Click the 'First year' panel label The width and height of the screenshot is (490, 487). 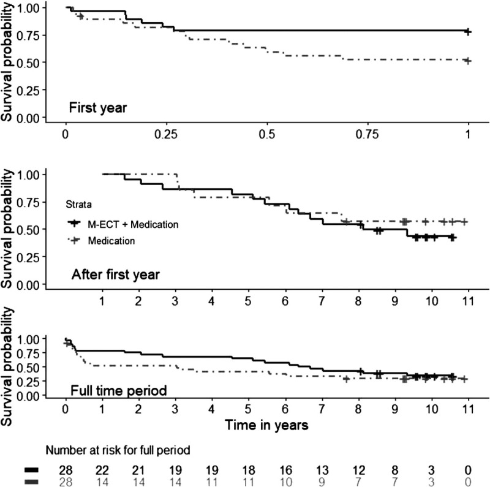click(98, 108)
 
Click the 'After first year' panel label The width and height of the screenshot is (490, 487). click(116, 275)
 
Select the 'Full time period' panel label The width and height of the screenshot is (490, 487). click(119, 391)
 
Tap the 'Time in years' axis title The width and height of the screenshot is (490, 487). click(266, 425)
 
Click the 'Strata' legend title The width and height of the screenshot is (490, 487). click(79, 205)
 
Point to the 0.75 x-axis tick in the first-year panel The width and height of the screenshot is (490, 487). click(367, 134)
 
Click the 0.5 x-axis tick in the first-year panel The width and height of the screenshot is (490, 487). click(267, 134)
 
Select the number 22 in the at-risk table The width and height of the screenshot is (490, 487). click(102, 470)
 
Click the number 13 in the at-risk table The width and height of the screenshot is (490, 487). click(322, 470)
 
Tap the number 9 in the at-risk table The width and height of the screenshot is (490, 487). click(322, 482)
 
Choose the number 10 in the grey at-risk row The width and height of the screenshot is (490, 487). click(285, 482)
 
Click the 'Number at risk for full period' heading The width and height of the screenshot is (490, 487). click(118, 450)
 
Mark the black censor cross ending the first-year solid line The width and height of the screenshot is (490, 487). click(468, 32)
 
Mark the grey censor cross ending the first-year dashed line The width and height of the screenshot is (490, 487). click(468, 61)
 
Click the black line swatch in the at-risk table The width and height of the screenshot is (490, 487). click(31, 470)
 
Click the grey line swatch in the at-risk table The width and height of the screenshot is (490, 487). click(31, 481)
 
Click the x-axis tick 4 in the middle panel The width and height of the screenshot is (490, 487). click(211, 301)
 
